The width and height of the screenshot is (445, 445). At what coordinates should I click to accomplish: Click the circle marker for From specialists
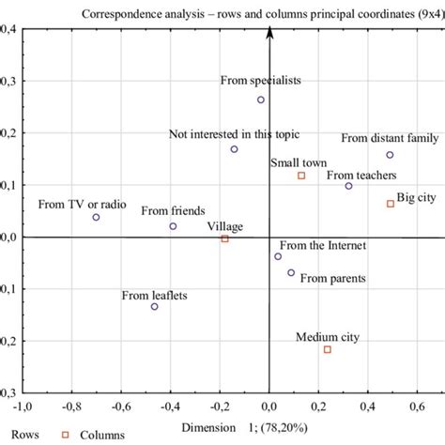pos(261,100)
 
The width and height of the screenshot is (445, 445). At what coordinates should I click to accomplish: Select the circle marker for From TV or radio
pos(96,217)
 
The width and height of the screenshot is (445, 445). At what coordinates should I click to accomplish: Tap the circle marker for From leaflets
pos(155,306)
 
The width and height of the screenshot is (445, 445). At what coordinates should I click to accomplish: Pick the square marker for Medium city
pos(327,349)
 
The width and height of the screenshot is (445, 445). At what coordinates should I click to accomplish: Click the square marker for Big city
pos(391,204)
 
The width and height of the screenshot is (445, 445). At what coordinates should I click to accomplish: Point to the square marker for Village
pos(224,239)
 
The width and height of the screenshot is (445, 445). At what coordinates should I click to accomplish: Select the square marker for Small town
pos(301,176)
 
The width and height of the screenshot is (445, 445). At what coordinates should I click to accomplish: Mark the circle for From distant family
pos(390,155)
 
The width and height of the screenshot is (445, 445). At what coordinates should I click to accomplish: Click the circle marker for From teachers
pos(348,186)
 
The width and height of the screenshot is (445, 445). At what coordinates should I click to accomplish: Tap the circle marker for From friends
pos(173,226)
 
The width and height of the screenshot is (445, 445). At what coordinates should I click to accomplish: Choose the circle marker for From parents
pos(291,272)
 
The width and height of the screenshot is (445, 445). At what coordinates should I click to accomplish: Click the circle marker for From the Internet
pos(278,256)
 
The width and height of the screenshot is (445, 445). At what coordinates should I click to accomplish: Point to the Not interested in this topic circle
pos(234,149)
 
